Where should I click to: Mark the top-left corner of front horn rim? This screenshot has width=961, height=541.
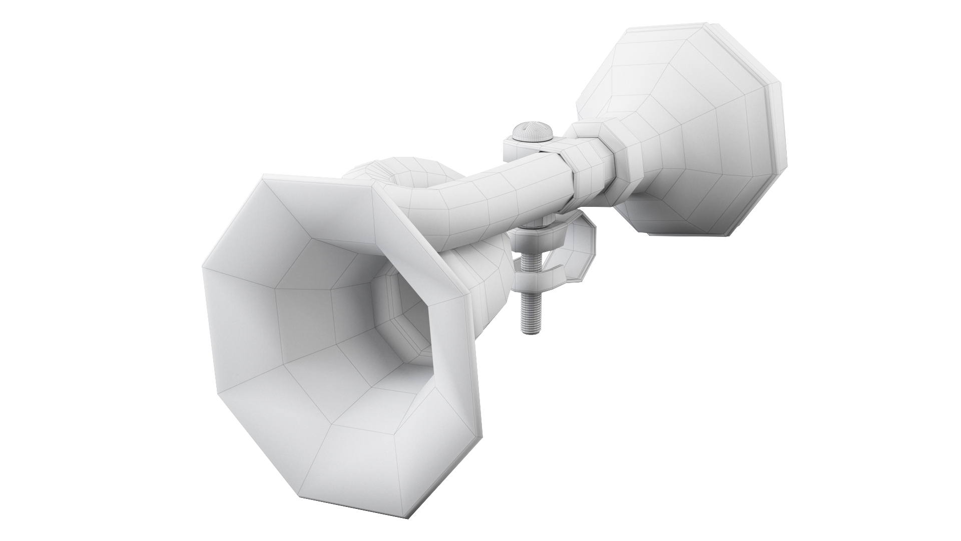click(263, 178)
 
